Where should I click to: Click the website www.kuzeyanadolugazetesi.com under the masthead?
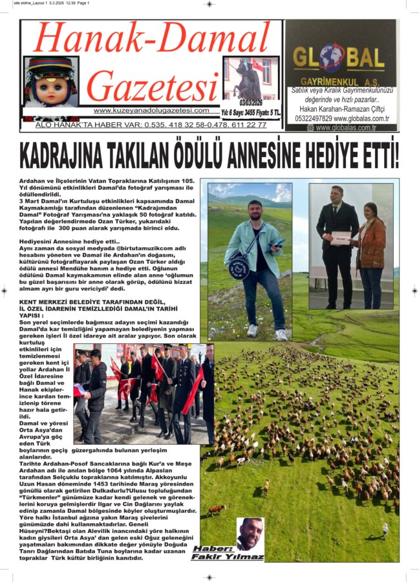point(151,111)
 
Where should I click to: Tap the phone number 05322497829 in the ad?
point(313,118)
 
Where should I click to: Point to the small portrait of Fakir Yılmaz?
point(250,533)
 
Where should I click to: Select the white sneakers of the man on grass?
point(266,332)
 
